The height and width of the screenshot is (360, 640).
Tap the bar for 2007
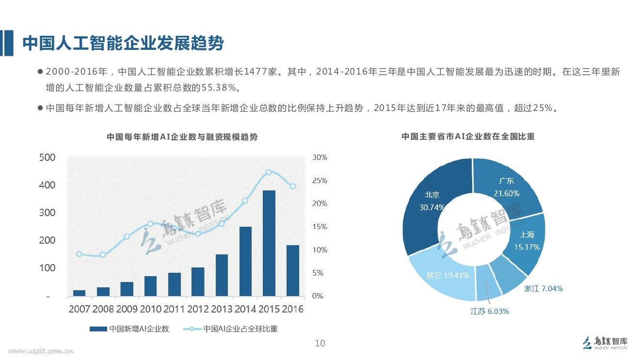click(79, 293)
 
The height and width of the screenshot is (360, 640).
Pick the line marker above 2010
click(150, 224)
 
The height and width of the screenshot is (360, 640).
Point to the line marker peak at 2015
click(269, 172)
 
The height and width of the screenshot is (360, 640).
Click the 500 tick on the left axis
click(47, 157)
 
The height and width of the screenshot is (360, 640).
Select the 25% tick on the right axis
click(320, 181)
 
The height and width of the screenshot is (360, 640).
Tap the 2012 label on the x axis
click(198, 309)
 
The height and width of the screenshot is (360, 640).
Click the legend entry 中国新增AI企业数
click(129, 329)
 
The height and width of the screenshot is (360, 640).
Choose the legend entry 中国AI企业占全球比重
click(232, 329)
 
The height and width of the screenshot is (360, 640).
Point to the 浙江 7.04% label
click(543, 289)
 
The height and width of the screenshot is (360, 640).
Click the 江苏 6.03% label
click(490, 312)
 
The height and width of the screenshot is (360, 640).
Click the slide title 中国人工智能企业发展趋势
click(123, 43)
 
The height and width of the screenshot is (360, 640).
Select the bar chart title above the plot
click(182, 137)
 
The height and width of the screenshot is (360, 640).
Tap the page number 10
click(320, 344)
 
